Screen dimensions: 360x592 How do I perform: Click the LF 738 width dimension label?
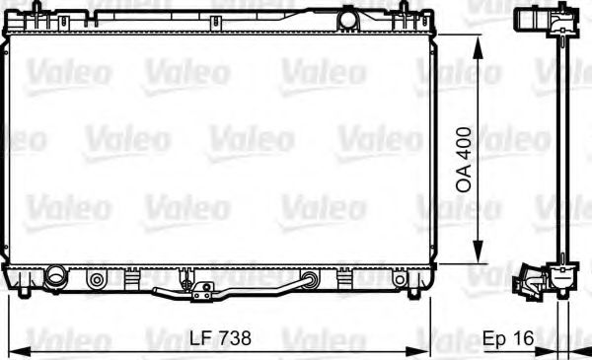(x=220, y=337)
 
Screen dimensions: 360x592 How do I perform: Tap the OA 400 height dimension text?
(x=464, y=163)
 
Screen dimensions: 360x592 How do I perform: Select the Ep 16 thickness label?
(x=509, y=337)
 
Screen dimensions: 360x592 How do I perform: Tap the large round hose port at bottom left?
(x=54, y=276)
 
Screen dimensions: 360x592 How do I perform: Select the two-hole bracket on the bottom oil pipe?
(x=204, y=291)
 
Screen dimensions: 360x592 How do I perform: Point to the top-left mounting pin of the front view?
(x=37, y=12)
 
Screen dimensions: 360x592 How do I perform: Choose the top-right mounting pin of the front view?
(x=405, y=12)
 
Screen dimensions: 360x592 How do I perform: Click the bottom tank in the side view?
(x=553, y=276)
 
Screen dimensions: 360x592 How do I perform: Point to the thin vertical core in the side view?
(x=563, y=148)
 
